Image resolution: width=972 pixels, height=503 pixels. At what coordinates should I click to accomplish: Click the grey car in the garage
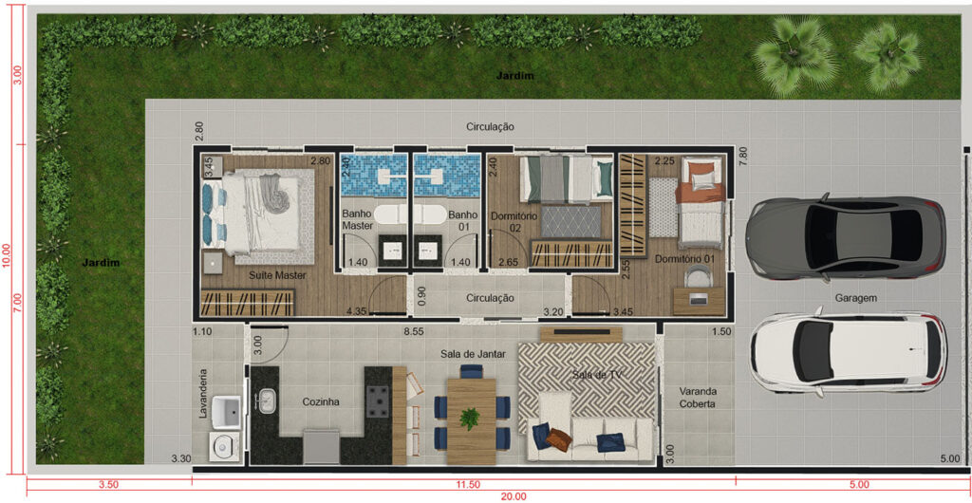click(x=846, y=238)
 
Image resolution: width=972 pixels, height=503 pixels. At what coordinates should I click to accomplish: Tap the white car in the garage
click(x=848, y=352)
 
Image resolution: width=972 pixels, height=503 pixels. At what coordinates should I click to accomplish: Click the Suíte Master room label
click(x=278, y=275)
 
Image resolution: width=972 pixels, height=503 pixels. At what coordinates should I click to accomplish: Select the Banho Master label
click(x=358, y=220)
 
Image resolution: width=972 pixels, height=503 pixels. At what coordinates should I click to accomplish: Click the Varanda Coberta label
click(x=698, y=398)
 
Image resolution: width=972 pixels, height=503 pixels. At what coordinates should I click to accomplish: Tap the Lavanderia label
click(x=203, y=394)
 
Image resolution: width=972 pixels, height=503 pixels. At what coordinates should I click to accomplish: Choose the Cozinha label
click(x=321, y=402)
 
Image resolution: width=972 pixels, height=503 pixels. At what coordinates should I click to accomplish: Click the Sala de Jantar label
click(x=474, y=354)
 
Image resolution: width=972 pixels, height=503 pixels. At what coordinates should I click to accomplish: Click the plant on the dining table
click(x=471, y=418)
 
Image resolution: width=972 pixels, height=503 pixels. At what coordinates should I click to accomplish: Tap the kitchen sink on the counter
click(x=267, y=400)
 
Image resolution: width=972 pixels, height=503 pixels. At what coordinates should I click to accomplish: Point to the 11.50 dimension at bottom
click(x=463, y=484)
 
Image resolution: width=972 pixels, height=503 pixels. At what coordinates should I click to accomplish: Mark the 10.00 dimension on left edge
click(x=7, y=254)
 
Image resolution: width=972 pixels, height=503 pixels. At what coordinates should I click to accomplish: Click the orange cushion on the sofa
click(x=558, y=439)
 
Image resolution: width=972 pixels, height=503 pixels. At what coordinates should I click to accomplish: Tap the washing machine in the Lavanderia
click(x=220, y=446)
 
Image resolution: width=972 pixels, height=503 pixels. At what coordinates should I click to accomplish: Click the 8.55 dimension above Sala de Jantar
click(x=414, y=332)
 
